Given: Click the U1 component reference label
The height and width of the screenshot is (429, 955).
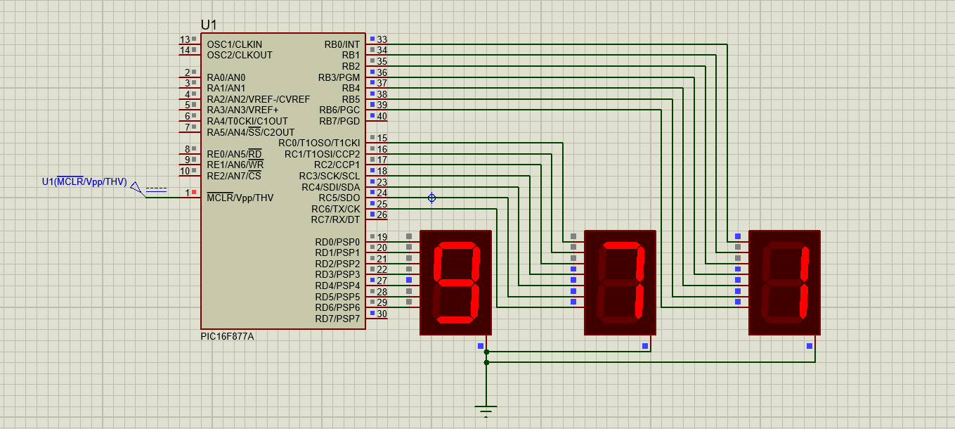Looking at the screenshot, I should [209, 25].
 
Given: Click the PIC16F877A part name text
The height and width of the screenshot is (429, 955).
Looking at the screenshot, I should [227, 337].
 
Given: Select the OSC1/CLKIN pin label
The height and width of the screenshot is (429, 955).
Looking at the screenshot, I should [234, 44].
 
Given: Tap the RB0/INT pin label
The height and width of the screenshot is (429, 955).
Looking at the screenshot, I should [342, 44].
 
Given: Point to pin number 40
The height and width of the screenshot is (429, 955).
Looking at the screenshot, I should [382, 117].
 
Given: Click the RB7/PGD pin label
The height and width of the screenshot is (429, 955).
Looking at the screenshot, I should [339, 121].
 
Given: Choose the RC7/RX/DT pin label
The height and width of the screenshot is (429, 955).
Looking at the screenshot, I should [335, 220].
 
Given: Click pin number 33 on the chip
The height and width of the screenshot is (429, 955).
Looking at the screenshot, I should [382, 40].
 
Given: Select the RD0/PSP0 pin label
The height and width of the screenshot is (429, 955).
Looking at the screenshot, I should [337, 242].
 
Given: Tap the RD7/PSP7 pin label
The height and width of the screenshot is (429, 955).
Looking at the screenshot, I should [337, 319].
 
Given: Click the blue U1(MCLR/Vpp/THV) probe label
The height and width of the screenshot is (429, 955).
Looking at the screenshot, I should [84, 182].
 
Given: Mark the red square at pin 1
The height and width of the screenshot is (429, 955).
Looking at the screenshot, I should [194, 192].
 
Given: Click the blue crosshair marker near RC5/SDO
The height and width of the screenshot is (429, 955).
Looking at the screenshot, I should [432, 198].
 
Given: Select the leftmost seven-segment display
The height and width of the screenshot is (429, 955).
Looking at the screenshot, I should [455, 282].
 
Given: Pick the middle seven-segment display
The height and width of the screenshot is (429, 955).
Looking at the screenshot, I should [620, 282].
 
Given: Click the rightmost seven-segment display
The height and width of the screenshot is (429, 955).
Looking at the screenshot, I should [784, 282].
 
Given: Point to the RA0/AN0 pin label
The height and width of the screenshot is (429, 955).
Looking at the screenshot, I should [226, 77].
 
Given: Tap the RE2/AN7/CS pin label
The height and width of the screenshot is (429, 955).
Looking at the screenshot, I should [234, 176].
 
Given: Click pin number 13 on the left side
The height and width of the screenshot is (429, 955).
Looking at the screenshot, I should [185, 40].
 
